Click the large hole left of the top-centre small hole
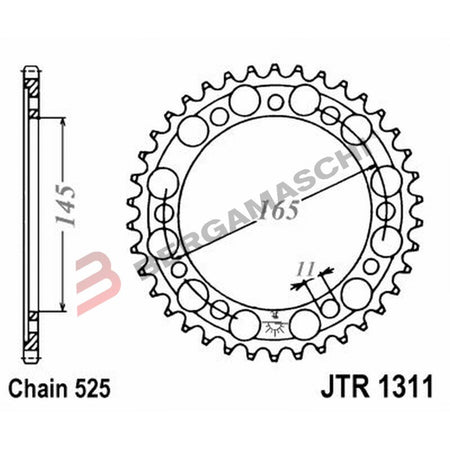tap(243, 101)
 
